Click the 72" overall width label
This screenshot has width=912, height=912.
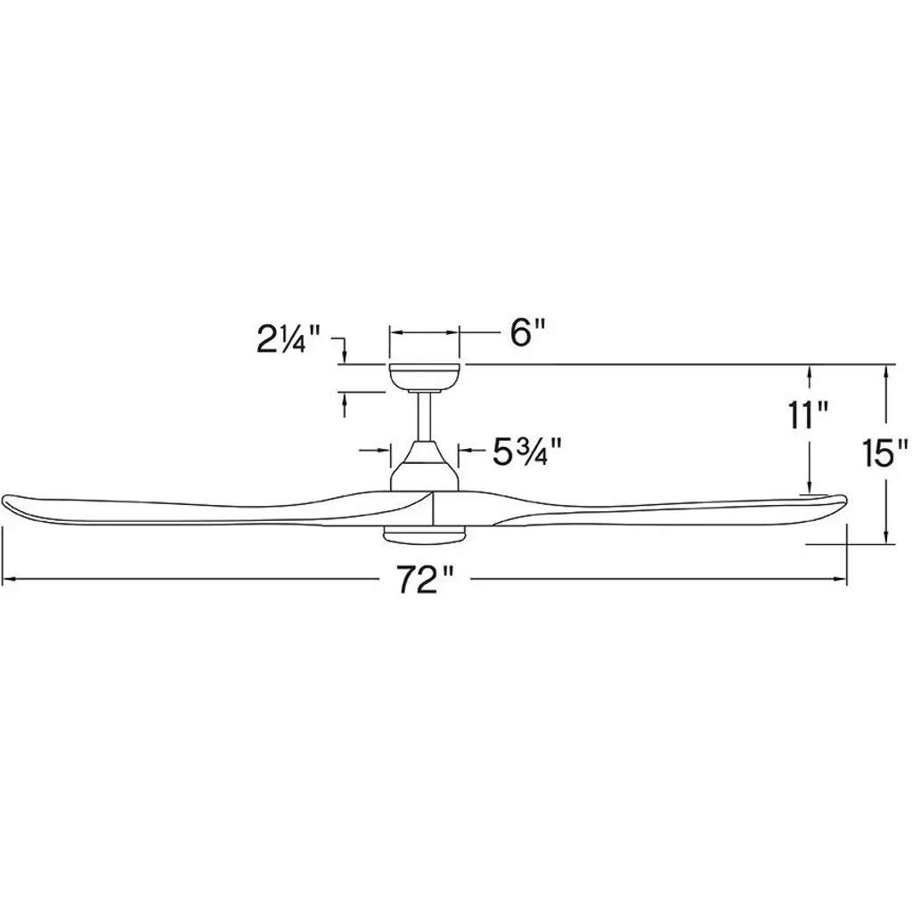point(425,579)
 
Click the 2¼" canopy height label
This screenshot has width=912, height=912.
point(289,339)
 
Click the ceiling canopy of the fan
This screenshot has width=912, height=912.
point(425,378)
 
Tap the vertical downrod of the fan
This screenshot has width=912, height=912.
point(425,417)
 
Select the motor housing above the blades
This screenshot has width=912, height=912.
point(425,467)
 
